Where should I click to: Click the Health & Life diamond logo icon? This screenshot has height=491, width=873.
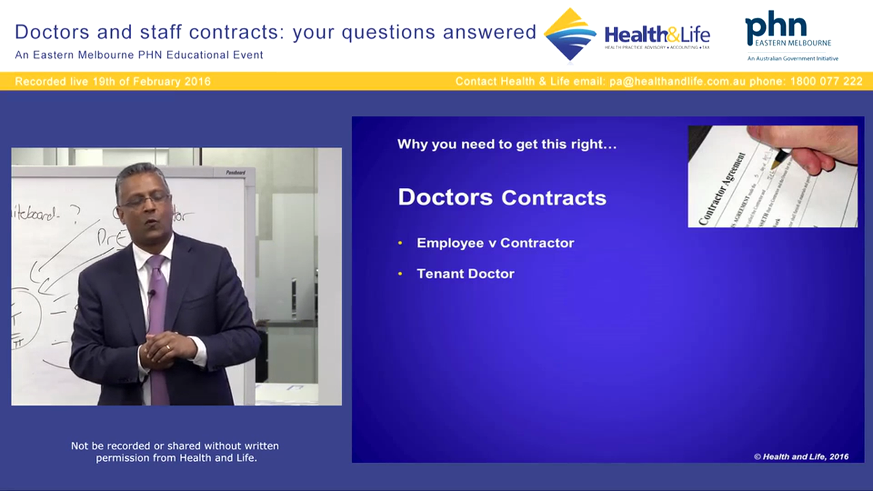[570, 34]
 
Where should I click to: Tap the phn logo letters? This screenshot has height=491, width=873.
[775, 27]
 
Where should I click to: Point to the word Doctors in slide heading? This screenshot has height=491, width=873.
[445, 197]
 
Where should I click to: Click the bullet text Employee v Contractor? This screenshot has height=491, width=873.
[495, 243]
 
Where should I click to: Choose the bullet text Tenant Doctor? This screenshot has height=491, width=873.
[465, 273]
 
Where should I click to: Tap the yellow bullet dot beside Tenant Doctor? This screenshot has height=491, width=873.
[400, 274]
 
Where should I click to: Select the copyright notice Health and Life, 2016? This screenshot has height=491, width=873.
[801, 457]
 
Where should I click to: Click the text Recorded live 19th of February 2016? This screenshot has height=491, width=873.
[113, 81]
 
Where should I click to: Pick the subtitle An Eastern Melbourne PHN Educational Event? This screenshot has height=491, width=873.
[139, 55]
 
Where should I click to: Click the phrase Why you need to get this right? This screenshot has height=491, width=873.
[507, 145]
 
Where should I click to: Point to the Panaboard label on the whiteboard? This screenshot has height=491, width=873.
[235, 173]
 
